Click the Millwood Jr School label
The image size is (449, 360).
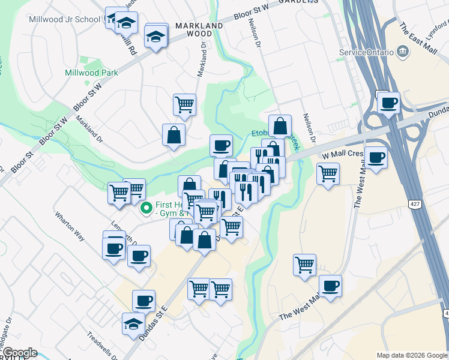65,19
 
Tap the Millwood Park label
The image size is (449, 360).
91,73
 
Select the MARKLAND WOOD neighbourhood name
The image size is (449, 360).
199,30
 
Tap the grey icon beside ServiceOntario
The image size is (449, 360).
403,52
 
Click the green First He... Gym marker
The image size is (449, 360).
145,209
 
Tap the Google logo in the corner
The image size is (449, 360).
19,353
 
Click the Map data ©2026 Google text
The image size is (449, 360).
412,355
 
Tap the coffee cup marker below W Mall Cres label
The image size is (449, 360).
376,157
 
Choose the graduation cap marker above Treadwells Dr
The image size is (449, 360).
133,324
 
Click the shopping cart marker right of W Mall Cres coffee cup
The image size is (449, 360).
328,174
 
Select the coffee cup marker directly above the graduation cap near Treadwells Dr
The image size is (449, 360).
143,300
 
